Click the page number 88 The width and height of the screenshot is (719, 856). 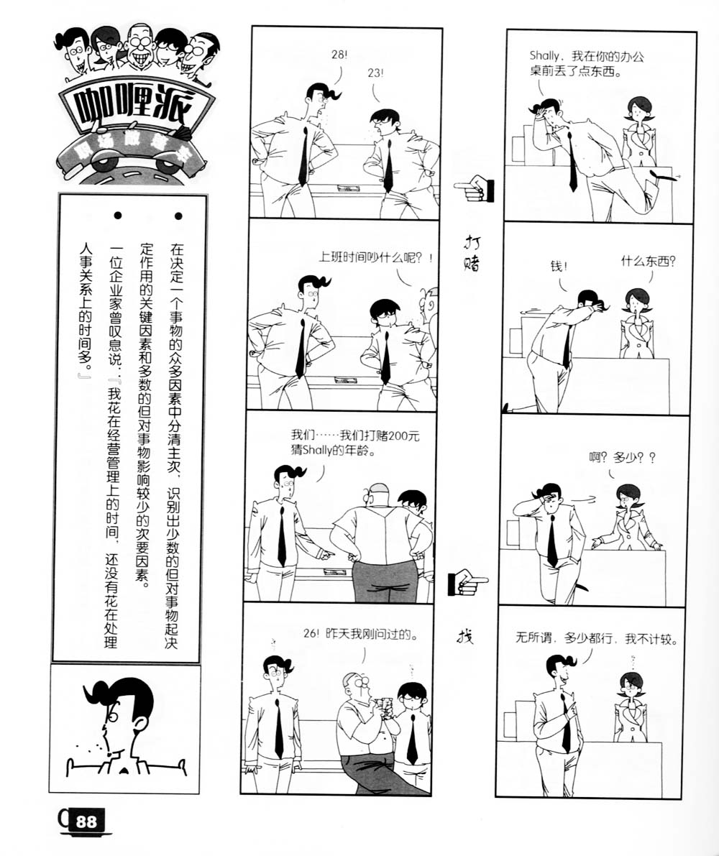(86, 822)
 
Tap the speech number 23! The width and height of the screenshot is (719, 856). (375, 73)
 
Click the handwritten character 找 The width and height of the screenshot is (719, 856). (467, 636)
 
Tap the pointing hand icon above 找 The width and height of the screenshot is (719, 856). (467, 581)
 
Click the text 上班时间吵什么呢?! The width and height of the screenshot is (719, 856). (376, 258)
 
